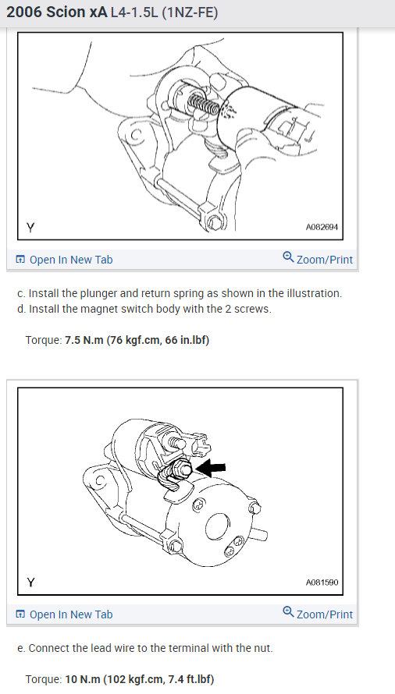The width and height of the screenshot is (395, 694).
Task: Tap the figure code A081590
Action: click(322, 582)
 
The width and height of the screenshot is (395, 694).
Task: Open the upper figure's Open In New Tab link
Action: click(71, 260)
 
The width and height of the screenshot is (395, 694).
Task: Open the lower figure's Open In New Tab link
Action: click(71, 614)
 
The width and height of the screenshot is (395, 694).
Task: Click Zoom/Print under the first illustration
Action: click(324, 260)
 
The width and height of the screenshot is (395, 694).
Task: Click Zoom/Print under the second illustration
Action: click(324, 614)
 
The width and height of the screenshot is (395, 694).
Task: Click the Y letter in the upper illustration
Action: click(30, 228)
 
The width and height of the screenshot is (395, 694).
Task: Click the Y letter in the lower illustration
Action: click(30, 582)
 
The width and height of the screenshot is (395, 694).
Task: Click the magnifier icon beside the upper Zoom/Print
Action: click(288, 258)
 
